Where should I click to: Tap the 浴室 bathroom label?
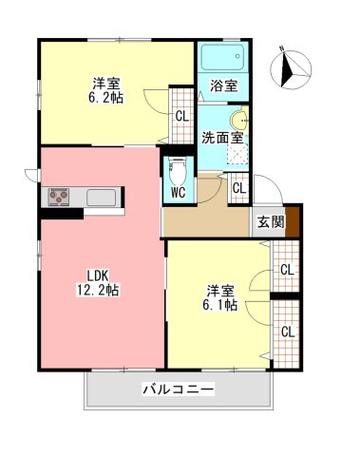tap(224, 85)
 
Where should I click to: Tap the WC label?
tap(177, 191)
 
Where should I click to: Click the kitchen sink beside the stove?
tap(101, 198)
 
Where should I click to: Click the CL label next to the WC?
tap(239, 187)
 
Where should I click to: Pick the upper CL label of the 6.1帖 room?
tap(286, 270)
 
